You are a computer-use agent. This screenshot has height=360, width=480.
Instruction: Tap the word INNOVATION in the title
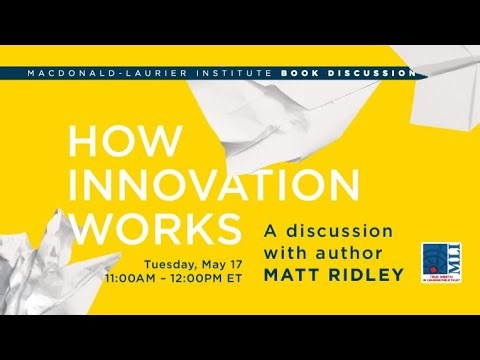[x=213, y=185]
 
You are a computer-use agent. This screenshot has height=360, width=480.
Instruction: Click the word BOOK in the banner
[x=304, y=73]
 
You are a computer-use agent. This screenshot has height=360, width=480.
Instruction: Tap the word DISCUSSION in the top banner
[x=374, y=73]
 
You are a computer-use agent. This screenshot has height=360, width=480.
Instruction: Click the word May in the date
[x=207, y=263]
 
